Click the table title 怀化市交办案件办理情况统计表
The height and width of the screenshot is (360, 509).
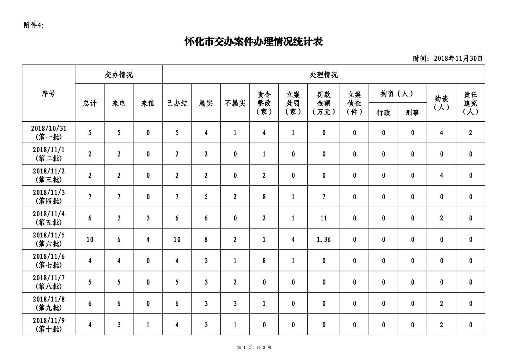coord(253,42)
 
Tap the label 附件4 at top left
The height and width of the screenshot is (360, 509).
coord(33,26)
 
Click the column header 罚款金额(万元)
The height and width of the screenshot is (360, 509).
coord(324,103)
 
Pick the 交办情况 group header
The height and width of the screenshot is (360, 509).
coord(119,75)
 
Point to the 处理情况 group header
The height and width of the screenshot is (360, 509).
coord(324,75)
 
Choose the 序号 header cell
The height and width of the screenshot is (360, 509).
coord(48,93)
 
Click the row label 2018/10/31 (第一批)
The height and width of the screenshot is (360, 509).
coord(48,133)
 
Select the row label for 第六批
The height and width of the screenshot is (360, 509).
coord(48,239)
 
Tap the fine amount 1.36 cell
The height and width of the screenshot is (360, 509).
coord(324,239)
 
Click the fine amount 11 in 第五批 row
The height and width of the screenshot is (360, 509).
coord(324,218)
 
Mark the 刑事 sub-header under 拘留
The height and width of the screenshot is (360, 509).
coord(412,113)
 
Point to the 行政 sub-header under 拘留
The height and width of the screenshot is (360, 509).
coord(383,113)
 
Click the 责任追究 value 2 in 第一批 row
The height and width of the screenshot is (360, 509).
coord(471,133)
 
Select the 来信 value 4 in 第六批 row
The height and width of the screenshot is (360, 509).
coord(148,239)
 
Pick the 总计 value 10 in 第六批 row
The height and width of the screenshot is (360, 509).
coord(90,239)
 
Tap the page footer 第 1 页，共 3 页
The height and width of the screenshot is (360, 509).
coord(254,347)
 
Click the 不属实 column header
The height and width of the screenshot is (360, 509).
coord(235,103)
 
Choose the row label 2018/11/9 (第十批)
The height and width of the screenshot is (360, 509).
coord(48,324)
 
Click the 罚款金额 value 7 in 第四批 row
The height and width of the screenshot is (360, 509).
coord(324,197)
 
